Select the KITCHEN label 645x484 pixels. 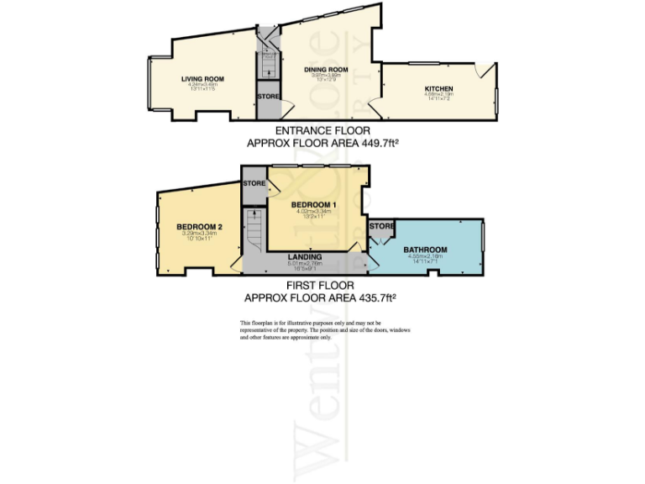coord(438,88)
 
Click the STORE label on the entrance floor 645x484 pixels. coord(268,97)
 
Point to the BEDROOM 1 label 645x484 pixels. coord(314,205)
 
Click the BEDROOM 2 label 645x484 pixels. coord(199,227)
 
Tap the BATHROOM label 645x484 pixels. coord(425,250)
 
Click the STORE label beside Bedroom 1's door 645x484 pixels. coord(254,183)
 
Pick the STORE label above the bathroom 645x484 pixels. coord(382,226)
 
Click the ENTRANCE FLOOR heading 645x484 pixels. coord(322,132)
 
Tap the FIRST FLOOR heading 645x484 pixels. coord(320,286)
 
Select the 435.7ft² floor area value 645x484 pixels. coord(376,297)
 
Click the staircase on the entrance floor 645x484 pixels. coord(267,62)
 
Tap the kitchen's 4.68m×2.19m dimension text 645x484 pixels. coord(438,94)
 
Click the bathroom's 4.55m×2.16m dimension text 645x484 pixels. coord(425,256)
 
